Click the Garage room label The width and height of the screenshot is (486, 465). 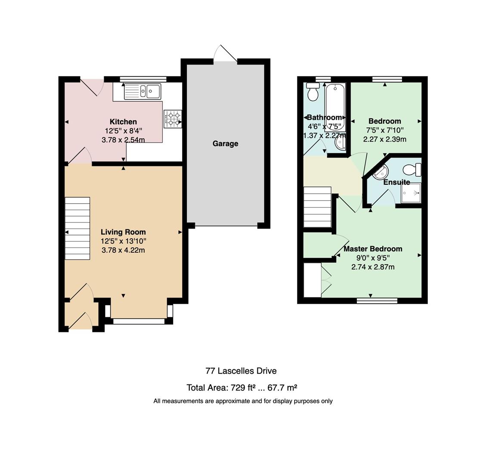tap(225, 143)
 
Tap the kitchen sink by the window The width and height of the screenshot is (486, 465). tap(142, 91)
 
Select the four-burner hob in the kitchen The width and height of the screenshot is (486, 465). tap(173, 119)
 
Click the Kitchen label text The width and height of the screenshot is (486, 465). tap(124, 121)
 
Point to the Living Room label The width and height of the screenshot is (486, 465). tap(124, 232)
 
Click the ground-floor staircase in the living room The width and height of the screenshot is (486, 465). tap(77, 229)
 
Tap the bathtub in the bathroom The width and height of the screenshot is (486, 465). tap(335, 107)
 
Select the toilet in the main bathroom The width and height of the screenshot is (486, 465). tap(313, 92)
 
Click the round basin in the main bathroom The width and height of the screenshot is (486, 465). tap(341, 143)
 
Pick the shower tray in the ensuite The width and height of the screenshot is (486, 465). tap(411, 193)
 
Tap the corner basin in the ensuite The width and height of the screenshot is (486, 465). tap(381, 172)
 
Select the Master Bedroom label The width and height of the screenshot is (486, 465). tap(373, 248)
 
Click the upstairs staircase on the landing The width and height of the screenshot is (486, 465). tap(317, 207)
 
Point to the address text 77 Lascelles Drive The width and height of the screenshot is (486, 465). tap(241, 371)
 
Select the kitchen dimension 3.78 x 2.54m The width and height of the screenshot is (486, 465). tap(124, 140)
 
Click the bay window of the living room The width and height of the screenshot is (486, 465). tap(139, 322)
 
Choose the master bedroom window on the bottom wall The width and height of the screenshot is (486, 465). tap(377, 301)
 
